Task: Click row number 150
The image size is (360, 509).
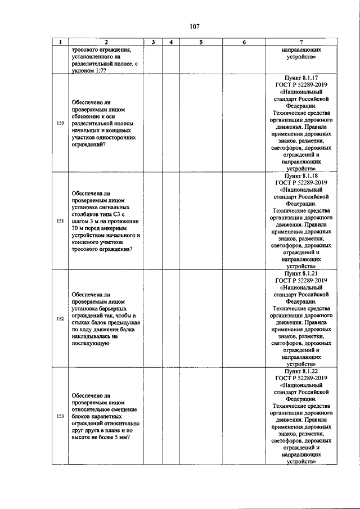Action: pos(60,123)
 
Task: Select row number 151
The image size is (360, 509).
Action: pos(60,221)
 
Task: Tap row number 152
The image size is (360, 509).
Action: pos(60,319)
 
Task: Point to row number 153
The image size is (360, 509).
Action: pos(60,416)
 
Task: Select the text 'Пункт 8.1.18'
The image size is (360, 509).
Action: pos(302,175)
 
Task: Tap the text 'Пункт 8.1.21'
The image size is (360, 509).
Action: pos(302,273)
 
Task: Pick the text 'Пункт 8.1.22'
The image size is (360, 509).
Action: pos(302,371)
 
